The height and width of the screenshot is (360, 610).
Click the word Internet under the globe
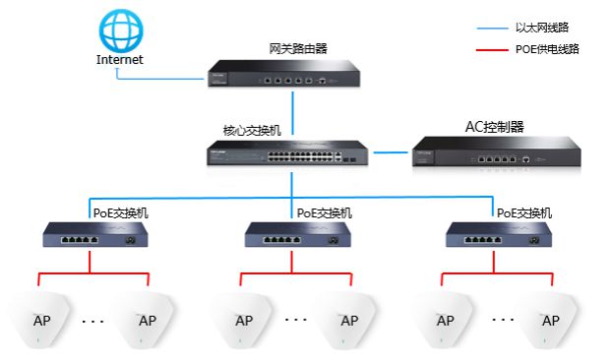click(119, 59)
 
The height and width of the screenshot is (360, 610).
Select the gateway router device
click(291, 72)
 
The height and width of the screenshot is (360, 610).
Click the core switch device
click(290, 155)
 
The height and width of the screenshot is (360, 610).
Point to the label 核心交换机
click(251, 130)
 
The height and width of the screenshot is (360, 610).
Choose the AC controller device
click(496, 154)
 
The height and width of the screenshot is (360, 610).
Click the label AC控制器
click(494, 128)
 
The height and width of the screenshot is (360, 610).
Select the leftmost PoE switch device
click(90, 234)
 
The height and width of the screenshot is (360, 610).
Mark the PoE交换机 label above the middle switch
click(325, 211)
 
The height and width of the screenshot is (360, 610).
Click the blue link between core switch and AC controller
click(393, 153)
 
